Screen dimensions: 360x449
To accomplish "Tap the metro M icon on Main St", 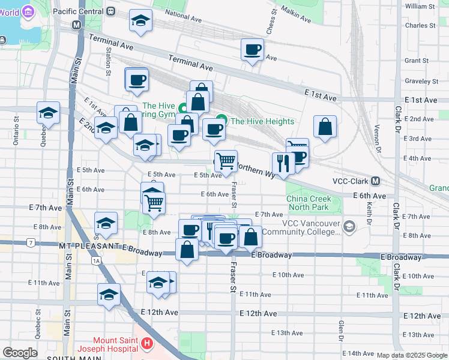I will [x=76, y=25].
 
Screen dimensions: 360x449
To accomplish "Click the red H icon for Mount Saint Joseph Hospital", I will [x=148, y=344].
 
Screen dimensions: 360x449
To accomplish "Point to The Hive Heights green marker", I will [x=221, y=121].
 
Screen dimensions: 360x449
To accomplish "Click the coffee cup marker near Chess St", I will [x=252, y=50].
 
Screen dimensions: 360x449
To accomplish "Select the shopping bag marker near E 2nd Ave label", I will [x=325, y=127].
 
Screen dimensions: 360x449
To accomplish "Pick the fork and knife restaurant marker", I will [x=282, y=163].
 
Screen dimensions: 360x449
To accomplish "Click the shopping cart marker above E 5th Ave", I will [x=226, y=161].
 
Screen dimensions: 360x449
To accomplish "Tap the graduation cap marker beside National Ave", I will [x=140, y=22].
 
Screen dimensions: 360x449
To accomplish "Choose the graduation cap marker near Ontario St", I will [x=48, y=112].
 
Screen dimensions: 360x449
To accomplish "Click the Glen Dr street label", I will [x=340, y=329].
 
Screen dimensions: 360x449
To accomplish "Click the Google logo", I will [x=20, y=353].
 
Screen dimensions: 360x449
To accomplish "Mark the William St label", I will [x=420, y=6].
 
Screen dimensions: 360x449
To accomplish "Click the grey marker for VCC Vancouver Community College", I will [x=350, y=227].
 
